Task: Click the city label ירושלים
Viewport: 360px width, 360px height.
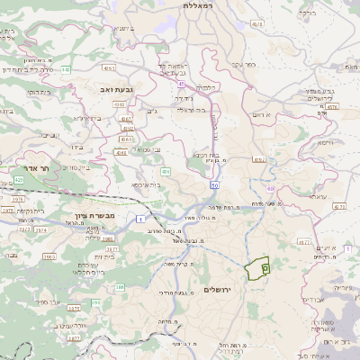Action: [x=218, y=290]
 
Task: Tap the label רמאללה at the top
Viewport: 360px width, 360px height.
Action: [x=196, y=5]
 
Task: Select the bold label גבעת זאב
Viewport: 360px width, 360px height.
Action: [x=116, y=90]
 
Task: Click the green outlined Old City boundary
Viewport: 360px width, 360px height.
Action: [x=258, y=268]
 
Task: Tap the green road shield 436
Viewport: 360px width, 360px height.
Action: [x=166, y=171]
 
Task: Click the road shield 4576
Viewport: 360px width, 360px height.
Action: [x=332, y=107]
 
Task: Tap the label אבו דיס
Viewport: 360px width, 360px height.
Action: [x=315, y=298]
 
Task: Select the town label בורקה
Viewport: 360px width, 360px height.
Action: [x=333, y=13]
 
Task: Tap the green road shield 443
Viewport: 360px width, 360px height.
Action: [x=67, y=82]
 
